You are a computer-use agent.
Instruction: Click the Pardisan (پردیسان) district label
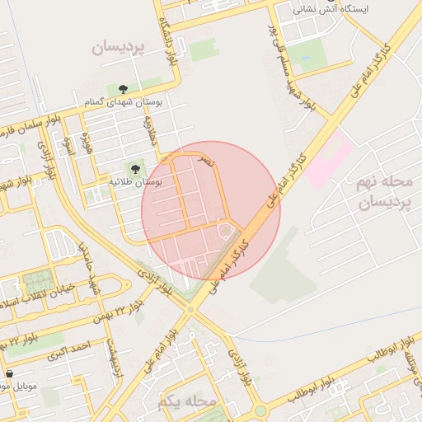[x=118, y=48]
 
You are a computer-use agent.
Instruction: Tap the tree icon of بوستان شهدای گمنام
[x=123, y=88]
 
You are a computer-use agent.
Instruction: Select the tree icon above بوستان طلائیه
[x=135, y=168]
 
